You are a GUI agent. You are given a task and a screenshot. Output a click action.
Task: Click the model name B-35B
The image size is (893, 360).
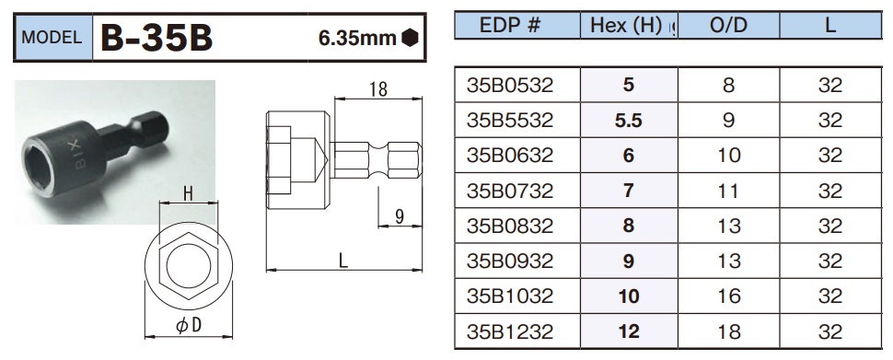pyautogui.click(x=157, y=38)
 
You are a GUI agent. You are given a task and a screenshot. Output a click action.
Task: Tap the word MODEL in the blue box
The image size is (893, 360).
pyautogui.click(x=52, y=38)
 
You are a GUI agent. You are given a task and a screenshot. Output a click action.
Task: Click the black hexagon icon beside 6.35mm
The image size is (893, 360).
pyautogui.click(x=410, y=38)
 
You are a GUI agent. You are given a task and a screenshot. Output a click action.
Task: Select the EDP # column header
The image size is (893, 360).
pyautogui.click(x=510, y=26)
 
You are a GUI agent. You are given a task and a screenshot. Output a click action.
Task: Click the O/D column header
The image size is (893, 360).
pyautogui.click(x=728, y=26)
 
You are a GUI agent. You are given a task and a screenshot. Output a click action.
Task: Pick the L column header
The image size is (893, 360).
pyautogui.click(x=829, y=26)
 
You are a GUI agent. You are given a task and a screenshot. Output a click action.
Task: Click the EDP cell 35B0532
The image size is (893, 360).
pyautogui.click(x=510, y=86)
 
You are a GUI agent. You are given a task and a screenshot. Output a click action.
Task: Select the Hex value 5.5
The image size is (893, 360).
pyautogui.click(x=629, y=121)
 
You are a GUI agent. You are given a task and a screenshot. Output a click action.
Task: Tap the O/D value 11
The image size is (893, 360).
pyautogui.click(x=728, y=191)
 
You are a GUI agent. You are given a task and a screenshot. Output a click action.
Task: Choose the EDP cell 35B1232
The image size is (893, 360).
pyautogui.click(x=510, y=331)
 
